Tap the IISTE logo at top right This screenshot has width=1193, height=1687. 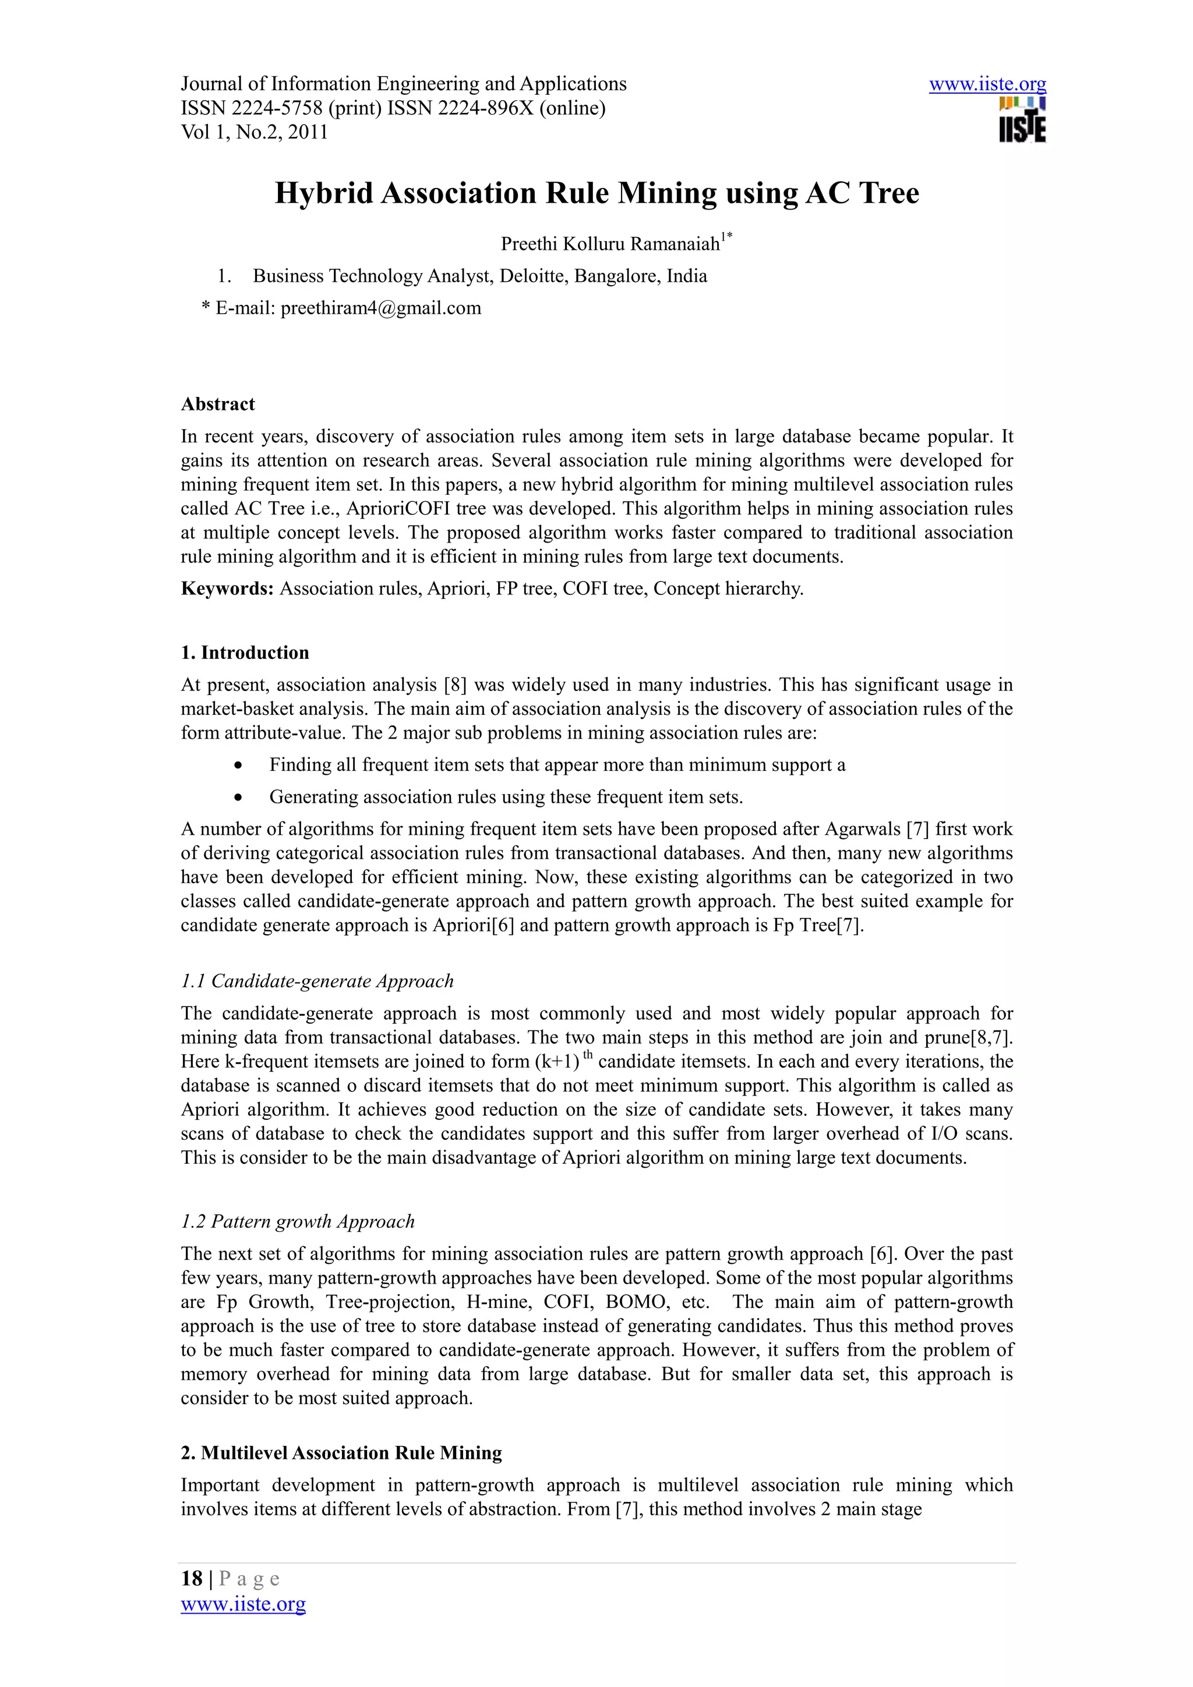click(1022, 120)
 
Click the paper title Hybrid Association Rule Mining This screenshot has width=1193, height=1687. click(596, 193)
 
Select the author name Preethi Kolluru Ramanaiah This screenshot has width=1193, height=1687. click(610, 244)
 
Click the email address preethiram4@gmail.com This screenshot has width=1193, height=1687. click(381, 308)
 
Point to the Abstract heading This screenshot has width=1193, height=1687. click(218, 404)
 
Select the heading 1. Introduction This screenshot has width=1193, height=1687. click(245, 653)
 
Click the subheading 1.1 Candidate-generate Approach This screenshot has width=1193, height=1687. click(317, 981)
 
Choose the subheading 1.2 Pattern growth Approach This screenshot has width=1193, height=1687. click(298, 1221)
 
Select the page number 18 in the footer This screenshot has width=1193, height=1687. click(191, 1578)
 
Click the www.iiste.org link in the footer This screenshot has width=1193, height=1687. click(243, 1603)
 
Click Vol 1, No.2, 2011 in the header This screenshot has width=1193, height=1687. click(255, 132)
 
